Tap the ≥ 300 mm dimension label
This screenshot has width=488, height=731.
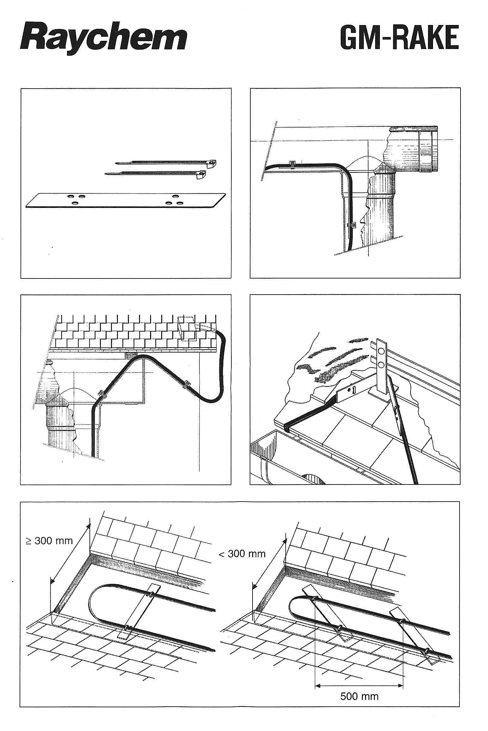coord(49,540)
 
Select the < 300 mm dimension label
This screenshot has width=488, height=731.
coord(242,553)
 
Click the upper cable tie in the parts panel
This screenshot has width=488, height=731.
coord(166,163)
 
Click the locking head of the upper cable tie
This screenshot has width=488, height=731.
coord(212,163)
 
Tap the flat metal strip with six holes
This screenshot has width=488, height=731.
coord(125,201)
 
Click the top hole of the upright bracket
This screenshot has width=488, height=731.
coord(381,351)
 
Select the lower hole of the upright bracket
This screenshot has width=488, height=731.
coord(381,365)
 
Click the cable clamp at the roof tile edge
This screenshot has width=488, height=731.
coord(287,427)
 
